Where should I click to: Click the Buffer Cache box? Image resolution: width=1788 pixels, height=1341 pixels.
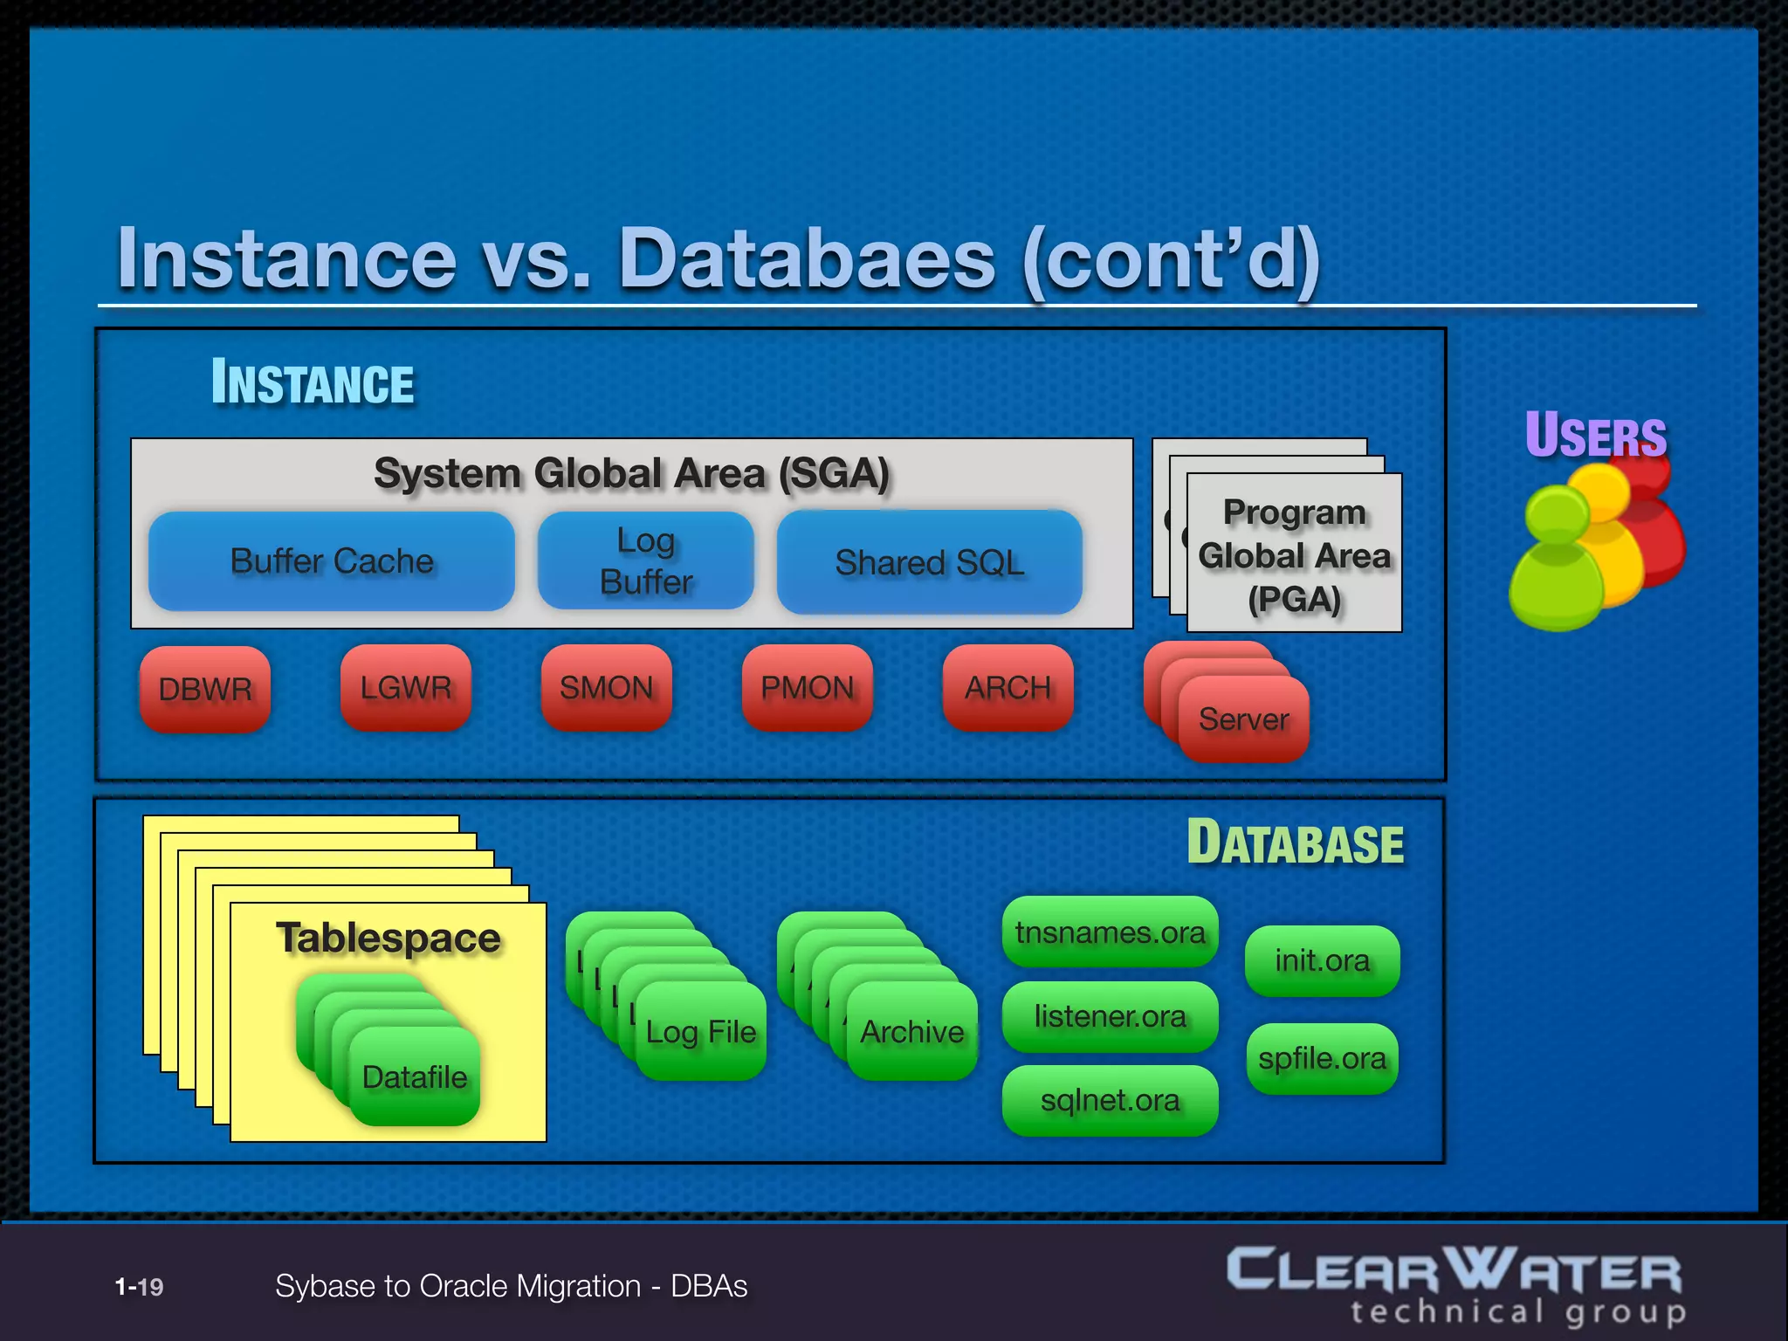point(331,560)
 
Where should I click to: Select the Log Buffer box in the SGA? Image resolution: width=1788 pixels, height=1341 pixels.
point(645,560)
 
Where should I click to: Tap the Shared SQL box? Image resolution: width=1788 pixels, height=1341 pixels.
point(929,562)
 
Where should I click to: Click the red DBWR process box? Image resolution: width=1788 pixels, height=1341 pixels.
point(205,689)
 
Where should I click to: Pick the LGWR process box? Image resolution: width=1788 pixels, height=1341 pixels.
point(406,688)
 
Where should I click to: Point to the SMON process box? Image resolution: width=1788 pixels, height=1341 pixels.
point(606,688)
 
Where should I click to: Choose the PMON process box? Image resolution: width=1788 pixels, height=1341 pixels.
point(807,688)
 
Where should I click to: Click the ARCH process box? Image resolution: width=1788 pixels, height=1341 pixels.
point(1007,688)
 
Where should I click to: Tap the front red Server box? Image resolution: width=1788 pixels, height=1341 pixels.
point(1243,719)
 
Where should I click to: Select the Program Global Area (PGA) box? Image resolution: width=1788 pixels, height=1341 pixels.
point(1294,555)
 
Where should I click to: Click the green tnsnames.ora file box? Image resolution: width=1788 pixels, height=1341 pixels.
point(1110,932)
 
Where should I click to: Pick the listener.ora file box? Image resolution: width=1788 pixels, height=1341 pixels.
point(1110,1016)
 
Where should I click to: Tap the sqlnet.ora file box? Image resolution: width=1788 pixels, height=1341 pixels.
point(1110,1100)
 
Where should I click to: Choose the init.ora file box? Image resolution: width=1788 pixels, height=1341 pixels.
point(1322,960)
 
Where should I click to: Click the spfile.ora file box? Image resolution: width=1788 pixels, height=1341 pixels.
point(1322,1058)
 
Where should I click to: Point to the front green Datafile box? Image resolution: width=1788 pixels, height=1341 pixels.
point(415,1077)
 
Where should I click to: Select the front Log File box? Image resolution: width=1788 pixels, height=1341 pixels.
point(701,1032)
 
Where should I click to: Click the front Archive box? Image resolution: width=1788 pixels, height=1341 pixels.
point(912,1032)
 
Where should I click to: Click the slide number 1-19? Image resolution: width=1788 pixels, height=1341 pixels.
point(140,1287)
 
